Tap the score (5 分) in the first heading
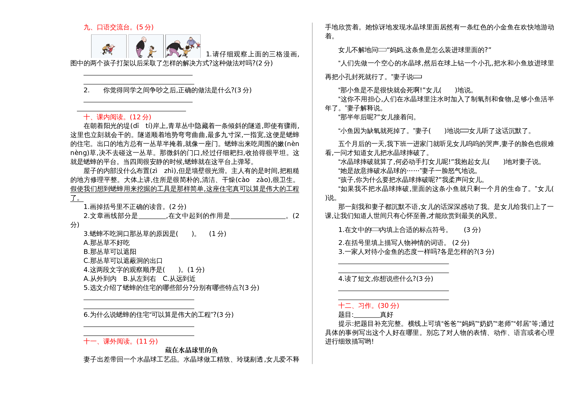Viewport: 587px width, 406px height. pos(145,27)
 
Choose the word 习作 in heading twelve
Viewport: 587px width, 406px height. pos(364,306)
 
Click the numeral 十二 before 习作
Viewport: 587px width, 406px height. pos(345,306)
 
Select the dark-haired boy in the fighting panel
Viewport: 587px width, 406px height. pos(106,49)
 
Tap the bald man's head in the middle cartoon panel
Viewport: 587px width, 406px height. pos(144,39)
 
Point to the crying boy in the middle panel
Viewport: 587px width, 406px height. pos(151,51)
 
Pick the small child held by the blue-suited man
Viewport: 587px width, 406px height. pos(198,45)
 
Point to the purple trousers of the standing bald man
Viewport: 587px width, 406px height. pos(139,52)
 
